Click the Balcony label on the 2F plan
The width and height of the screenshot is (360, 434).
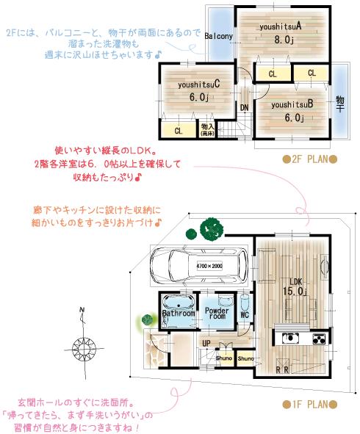point(219,36)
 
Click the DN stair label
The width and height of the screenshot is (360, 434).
point(244,107)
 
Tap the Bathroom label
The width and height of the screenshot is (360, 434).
point(178,313)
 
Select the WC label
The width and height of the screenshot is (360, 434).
point(245,316)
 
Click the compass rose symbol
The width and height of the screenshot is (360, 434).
point(82,344)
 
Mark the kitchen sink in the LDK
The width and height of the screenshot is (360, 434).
point(289,339)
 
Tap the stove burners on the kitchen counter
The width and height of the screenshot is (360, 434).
point(319,339)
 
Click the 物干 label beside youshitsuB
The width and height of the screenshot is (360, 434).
point(340,104)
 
